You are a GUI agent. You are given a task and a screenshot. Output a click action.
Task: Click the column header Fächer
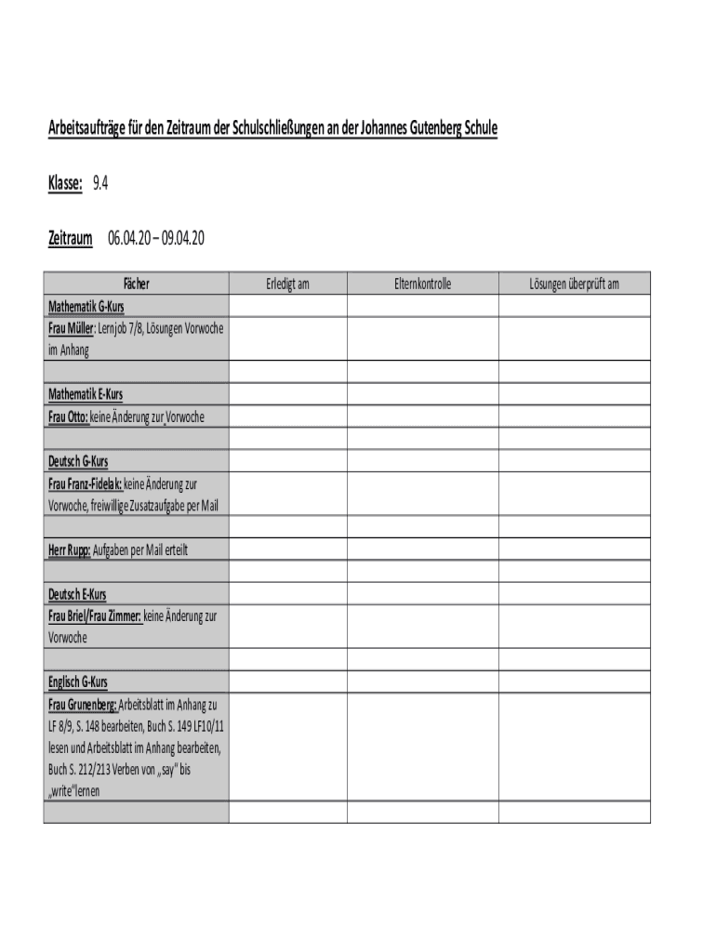click(x=136, y=284)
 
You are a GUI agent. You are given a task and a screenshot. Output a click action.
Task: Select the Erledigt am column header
click(x=287, y=284)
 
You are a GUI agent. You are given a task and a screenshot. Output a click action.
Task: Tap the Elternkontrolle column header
click(x=422, y=284)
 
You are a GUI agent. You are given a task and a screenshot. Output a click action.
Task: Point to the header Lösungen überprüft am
click(x=574, y=284)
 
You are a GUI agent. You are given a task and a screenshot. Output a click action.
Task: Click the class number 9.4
click(x=100, y=184)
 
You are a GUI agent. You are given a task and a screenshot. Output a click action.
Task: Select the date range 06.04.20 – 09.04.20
click(x=155, y=239)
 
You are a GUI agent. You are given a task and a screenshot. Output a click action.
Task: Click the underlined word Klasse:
click(x=65, y=184)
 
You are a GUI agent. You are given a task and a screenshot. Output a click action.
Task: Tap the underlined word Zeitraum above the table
click(x=70, y=239)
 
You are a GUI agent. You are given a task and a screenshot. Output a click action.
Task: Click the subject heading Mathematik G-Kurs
click(x=86, y=306)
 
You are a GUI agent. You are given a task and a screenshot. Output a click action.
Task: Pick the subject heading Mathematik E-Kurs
click(x=86, y=394)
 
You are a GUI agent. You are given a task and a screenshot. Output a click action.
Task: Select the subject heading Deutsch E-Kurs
click(x=78, y=593)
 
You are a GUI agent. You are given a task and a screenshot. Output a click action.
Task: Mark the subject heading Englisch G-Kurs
click(x=78, y=682)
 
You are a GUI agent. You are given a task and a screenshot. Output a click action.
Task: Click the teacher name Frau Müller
click(x=70, y=329)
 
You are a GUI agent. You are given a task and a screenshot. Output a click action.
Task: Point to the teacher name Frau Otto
click(x=68, y=417)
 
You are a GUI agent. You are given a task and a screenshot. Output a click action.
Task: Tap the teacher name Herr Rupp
click(x=69, y=549)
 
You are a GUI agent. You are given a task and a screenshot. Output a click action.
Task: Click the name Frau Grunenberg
click(x=82, y=705)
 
